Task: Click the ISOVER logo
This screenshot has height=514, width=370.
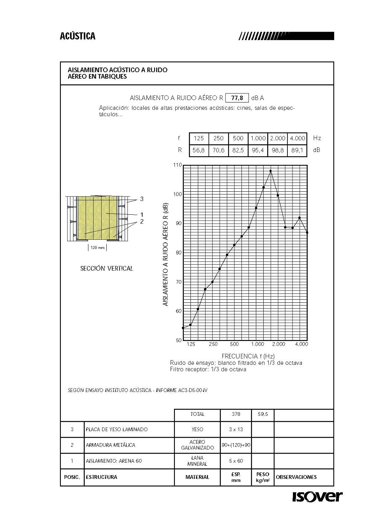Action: click(317, 496)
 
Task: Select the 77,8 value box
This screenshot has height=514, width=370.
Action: click(237, 98)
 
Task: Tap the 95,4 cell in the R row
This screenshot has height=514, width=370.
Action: click(258, 150)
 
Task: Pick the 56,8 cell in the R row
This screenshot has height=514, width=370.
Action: click(199, 150)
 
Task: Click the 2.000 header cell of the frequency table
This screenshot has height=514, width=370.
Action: click(278, 138)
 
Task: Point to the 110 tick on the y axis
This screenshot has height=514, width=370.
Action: click(177, 165)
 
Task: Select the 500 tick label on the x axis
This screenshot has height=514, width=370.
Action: click(234, 344)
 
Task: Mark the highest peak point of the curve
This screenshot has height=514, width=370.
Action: click(270, 171)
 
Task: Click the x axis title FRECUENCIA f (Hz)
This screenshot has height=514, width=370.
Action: click(248, 356)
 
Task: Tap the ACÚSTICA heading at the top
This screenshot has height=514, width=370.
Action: click(78, 36)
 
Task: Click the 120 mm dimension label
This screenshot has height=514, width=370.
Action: click(97, 247)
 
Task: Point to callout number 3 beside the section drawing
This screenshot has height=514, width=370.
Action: click(142, 199)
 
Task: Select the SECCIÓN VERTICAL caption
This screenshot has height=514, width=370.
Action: click(106, 268)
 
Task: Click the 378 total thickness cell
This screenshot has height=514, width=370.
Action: click(236, 414)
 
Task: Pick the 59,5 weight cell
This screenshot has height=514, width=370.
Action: click(263, 414)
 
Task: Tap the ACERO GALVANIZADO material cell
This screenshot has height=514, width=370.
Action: click(197, 445)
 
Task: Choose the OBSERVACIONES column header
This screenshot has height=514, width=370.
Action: click(296, 477)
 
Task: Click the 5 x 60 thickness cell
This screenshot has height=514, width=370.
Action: click(236, 461)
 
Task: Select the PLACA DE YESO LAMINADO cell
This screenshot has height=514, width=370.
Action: click(116, 429)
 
